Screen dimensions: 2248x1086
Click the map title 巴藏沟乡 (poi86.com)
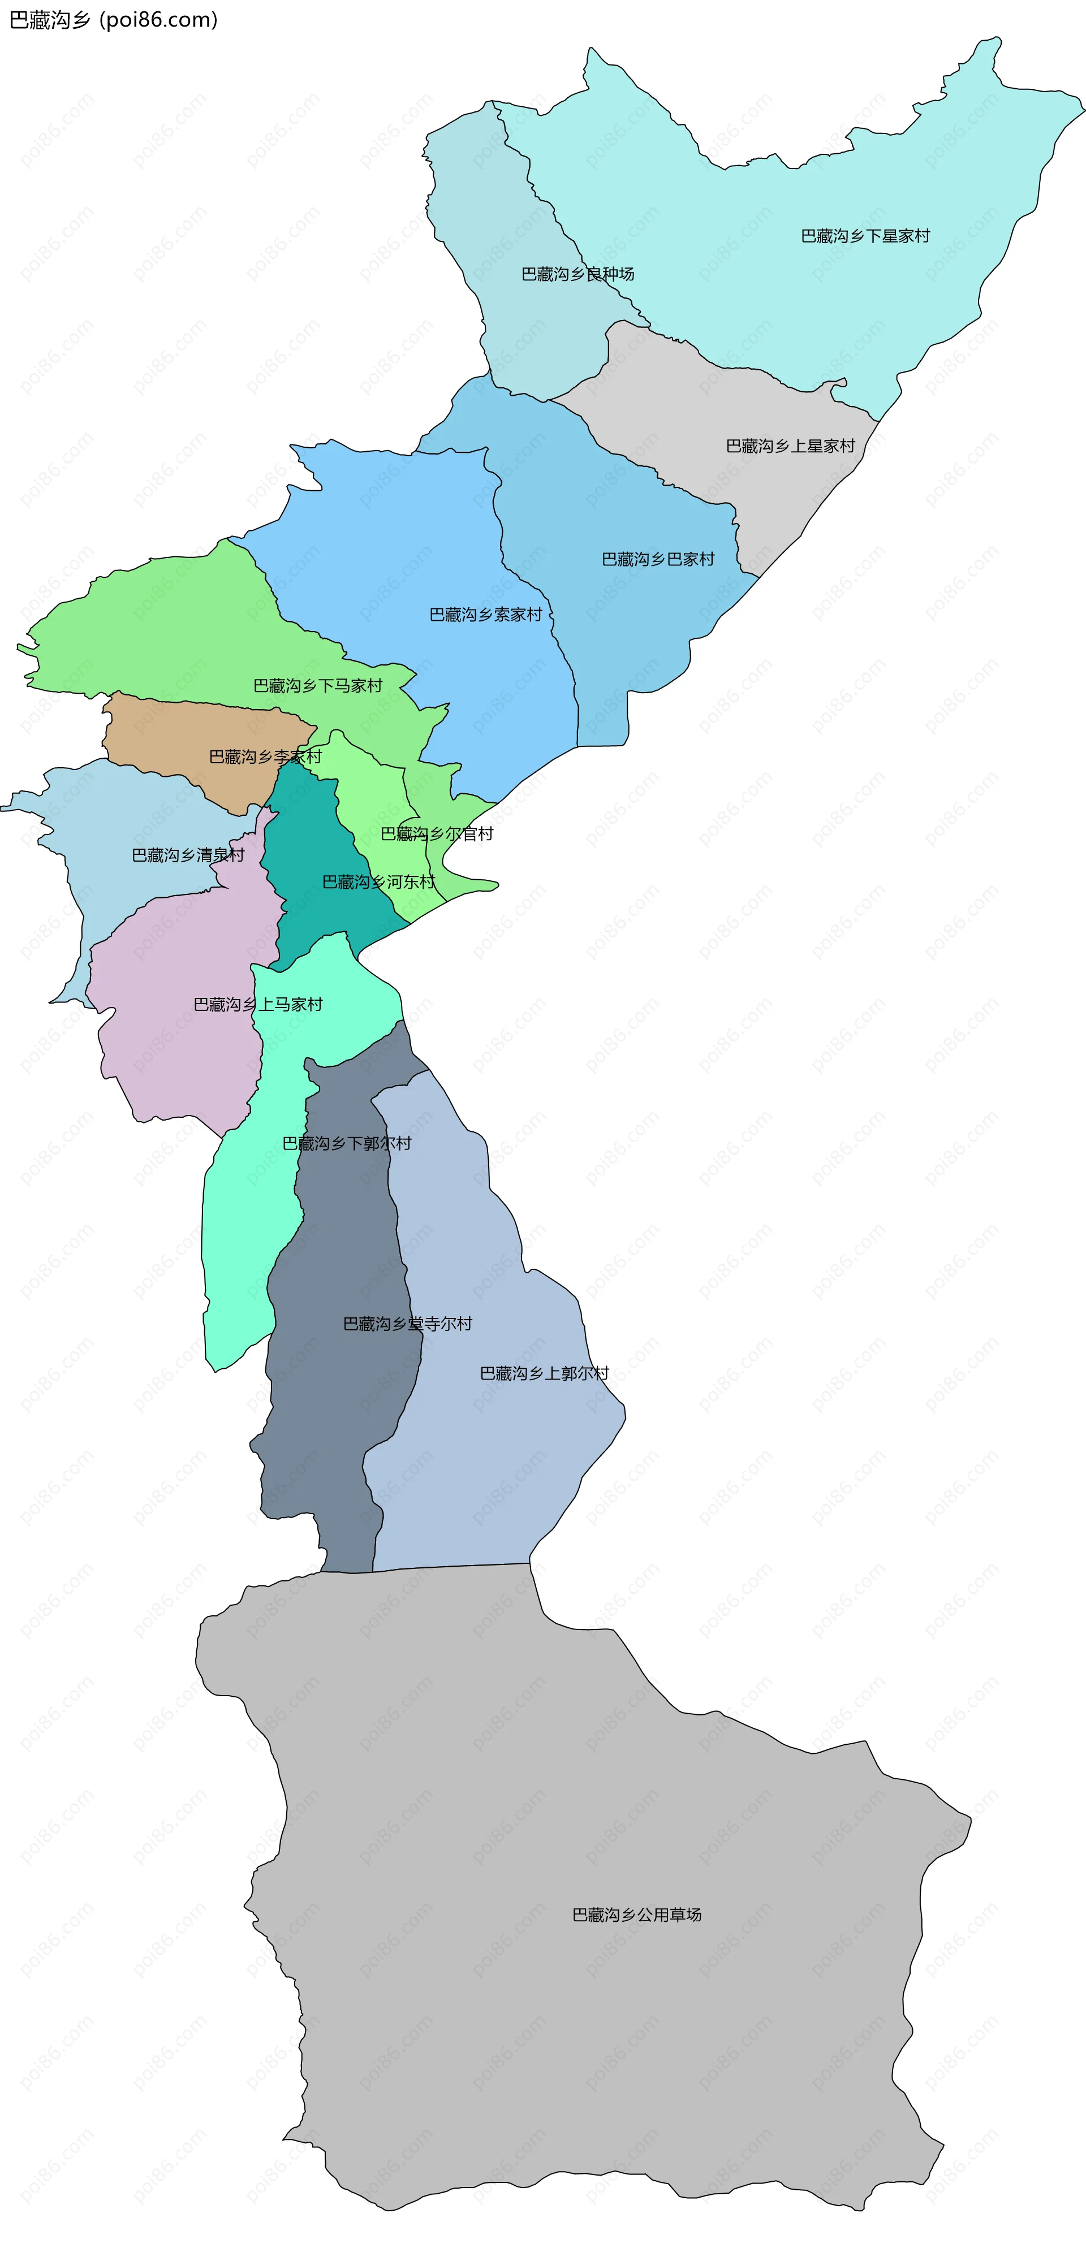point(114,19)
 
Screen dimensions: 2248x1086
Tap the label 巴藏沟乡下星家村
point(865,236)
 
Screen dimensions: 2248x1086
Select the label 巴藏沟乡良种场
point(577,274)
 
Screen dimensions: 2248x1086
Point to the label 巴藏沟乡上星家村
point(790,446)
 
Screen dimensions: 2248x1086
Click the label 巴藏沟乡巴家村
point(658,559)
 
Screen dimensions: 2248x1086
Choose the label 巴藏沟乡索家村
point(485,615)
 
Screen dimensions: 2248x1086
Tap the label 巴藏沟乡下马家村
point(318,685)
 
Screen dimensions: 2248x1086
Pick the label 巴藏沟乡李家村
point(265,756)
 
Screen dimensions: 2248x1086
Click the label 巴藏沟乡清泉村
point(188,855)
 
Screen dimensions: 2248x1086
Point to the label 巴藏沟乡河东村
point(378,881)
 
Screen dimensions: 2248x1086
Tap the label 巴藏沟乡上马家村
point(257,1005)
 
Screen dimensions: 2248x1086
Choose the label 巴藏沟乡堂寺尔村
point(408,1324)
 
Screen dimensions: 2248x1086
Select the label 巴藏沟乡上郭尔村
point(545,1373)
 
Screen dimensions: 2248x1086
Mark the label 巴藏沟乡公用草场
point(636,1914)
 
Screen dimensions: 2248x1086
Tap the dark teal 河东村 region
point(314,838)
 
